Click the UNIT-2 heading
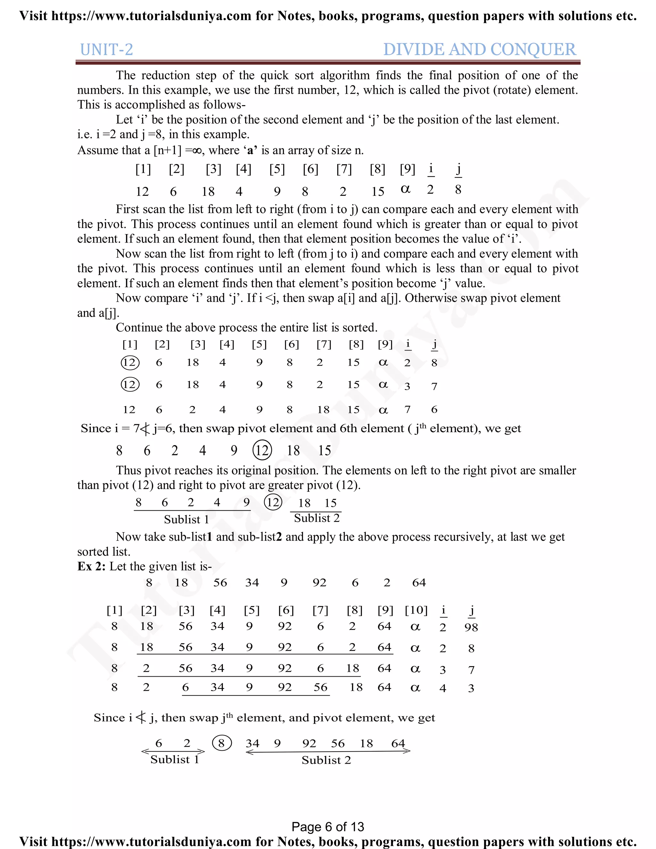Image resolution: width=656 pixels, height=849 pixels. coord(106,50)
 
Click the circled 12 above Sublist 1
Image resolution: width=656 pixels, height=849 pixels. coord(273,502)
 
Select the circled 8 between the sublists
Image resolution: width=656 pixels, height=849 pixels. coord(222,743)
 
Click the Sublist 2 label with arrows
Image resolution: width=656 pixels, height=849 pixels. coord(326,760)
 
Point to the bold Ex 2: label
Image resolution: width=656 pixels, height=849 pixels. coord(91,566)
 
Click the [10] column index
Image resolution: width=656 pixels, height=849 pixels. coord(416,610)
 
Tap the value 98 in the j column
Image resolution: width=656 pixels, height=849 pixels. coord(471,627)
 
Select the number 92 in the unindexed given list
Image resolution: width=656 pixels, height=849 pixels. coord(319,583)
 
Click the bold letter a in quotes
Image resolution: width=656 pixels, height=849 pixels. coord(250,151)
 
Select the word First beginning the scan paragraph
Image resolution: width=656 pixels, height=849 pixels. coord(128,209)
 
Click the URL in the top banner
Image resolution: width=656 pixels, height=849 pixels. coord(152,16)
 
